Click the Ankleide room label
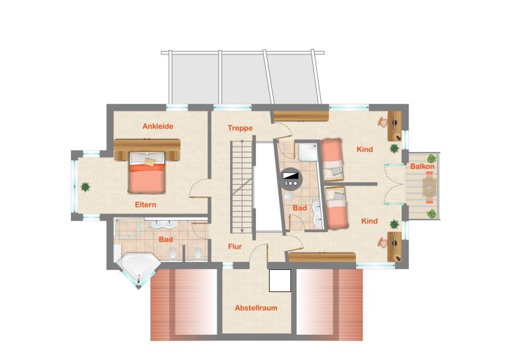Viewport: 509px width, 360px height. [158, 126]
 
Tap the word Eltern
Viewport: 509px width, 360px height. [145, 205]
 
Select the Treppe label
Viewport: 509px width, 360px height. [240, 128]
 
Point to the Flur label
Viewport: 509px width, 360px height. [235, 247]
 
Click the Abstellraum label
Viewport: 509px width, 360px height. [256, 308]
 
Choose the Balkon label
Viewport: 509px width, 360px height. [422, 166]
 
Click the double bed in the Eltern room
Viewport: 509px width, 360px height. [147, 172]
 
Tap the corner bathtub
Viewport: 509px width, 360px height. [138, 268]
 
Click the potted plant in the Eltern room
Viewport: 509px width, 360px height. [85, 187]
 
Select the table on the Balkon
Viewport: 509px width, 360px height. [429, 188]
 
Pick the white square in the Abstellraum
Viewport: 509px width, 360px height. [280, 280]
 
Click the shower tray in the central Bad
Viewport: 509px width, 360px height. [308, 152]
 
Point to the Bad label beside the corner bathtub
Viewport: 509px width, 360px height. [166, 239]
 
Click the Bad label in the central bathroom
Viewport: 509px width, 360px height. [300, 208]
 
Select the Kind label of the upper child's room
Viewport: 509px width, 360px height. [365, 149]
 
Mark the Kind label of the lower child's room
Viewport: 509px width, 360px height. [369, 221]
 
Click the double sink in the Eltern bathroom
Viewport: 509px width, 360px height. [162, 224]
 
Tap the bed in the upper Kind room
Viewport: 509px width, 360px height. [332, 160]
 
